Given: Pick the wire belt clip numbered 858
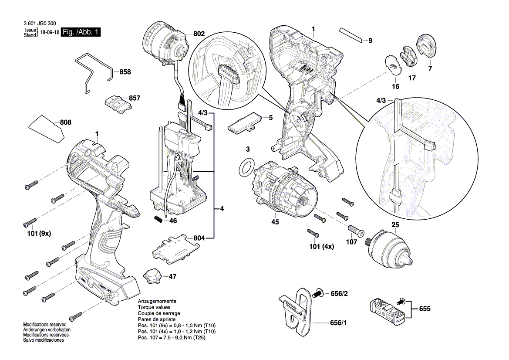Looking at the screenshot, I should pos(93,73).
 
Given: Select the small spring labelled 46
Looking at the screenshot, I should pos(159,218).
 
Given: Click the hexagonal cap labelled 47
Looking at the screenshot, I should pos(152,275).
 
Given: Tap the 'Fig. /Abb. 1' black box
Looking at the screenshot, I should pos(81,32).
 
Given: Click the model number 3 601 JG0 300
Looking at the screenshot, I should pos(38,25).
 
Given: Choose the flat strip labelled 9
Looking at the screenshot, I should pos(351,34).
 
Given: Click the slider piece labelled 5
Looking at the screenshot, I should pos(245,121).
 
